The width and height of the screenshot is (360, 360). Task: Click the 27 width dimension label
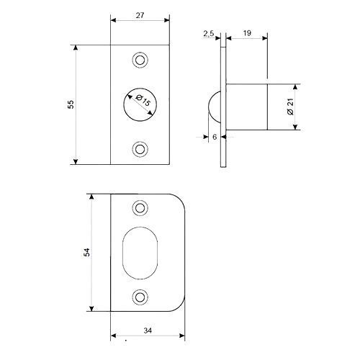coord(140,15)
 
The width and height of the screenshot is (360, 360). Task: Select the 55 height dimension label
coord(71,104)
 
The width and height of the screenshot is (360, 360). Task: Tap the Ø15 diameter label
coord(143,101)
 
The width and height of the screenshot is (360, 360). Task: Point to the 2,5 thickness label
coord(209,34)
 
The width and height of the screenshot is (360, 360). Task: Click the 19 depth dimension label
coord(247,33)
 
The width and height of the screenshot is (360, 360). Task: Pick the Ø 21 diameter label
coord(290,107)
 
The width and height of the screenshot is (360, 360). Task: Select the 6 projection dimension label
coord(215,137)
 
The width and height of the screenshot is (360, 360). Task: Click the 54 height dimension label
coord(86,252)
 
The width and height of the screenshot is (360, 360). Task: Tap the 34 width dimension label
coord(148,330)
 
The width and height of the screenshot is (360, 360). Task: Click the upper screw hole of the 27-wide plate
coord(140,60)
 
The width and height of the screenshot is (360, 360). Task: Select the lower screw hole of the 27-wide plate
coord(140,149)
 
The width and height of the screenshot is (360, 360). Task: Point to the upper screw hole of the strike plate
coord(140,208)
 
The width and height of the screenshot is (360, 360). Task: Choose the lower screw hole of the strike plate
coord(140,297)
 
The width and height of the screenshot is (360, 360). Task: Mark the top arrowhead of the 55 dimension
coord(76,48)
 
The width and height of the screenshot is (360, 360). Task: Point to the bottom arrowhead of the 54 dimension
coord(91,309)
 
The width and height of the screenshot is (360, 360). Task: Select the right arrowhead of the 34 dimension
coord(182,336)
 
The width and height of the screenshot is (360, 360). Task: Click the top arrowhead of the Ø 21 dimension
coord(295,86)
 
